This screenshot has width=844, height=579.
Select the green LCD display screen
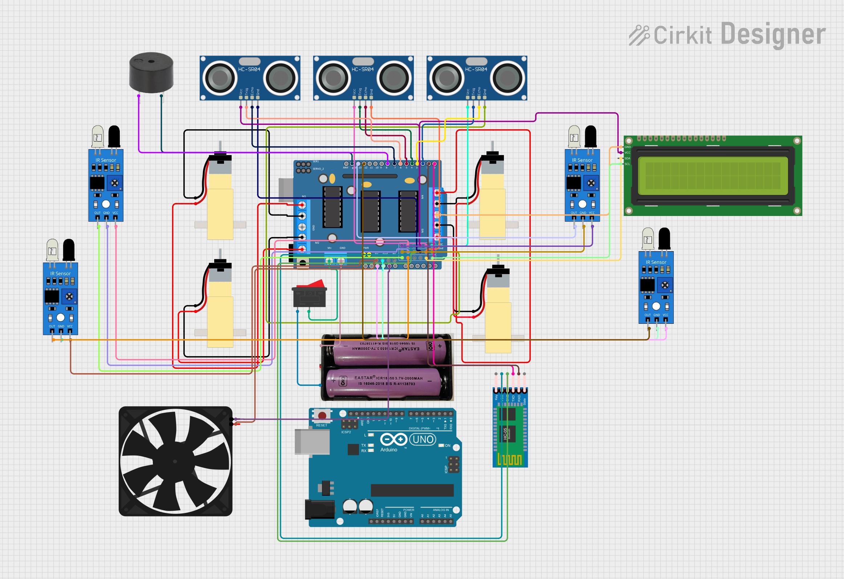pos(713,176)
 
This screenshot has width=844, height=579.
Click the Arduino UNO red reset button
pos(322,415)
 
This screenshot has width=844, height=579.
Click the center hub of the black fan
pos(175,461)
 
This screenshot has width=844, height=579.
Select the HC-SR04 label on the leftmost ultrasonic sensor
pos(249,69)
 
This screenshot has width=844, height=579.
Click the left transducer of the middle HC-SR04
pos(333,78)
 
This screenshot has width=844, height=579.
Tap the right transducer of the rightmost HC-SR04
pos(507,78)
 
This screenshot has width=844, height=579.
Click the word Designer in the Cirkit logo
pos(773,34)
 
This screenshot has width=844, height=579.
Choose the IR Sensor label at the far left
pos(60,273)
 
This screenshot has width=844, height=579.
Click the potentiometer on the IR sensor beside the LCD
pos(591,183)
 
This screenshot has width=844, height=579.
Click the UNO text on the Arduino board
pos(423,440)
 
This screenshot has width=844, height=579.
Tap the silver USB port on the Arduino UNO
pos(311,442)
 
